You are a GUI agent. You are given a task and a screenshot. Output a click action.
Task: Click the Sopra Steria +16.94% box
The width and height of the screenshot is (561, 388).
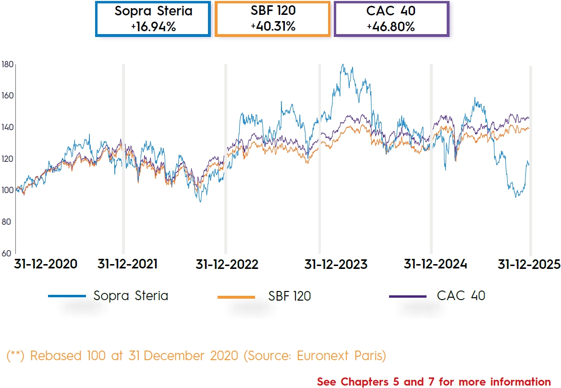(153, 19)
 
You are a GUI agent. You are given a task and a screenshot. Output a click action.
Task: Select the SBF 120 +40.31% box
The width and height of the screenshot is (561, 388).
(272, 19)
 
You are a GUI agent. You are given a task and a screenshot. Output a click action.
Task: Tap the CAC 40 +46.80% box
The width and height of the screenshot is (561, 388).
(391, 19)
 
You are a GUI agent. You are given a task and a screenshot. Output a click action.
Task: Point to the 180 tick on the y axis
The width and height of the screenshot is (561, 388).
(7, 64)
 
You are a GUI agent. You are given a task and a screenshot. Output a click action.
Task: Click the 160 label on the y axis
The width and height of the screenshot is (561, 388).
(7, 96)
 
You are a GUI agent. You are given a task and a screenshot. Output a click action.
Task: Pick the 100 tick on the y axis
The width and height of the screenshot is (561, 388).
(7, 190)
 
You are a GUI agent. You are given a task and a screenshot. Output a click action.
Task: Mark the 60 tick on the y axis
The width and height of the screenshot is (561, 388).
(7, 253)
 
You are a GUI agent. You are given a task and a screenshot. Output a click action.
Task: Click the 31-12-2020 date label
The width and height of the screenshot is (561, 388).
(46, 264)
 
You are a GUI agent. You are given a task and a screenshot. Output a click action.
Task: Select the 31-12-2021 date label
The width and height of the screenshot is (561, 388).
(127, 264)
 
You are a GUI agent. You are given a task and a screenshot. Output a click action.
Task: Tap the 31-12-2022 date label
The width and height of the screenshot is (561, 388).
(227, 265)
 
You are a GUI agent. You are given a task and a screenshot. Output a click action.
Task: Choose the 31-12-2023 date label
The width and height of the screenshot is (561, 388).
(336, 265)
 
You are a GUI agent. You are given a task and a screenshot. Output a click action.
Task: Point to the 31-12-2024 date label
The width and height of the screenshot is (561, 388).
(435, 264)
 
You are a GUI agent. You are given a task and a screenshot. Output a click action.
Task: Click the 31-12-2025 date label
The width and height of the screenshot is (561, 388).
(529, 264)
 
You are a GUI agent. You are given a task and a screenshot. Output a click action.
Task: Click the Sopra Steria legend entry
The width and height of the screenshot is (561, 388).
(131, 296)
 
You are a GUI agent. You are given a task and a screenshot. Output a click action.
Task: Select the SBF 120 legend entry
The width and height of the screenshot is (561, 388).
(289, 296)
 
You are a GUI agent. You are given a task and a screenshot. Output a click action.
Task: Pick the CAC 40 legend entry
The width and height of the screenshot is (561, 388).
(461, 295)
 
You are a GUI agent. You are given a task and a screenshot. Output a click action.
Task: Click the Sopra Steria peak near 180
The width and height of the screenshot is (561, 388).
(342, 65)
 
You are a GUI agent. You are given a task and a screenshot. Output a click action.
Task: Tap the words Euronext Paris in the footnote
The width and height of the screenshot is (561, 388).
(341, 356)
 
